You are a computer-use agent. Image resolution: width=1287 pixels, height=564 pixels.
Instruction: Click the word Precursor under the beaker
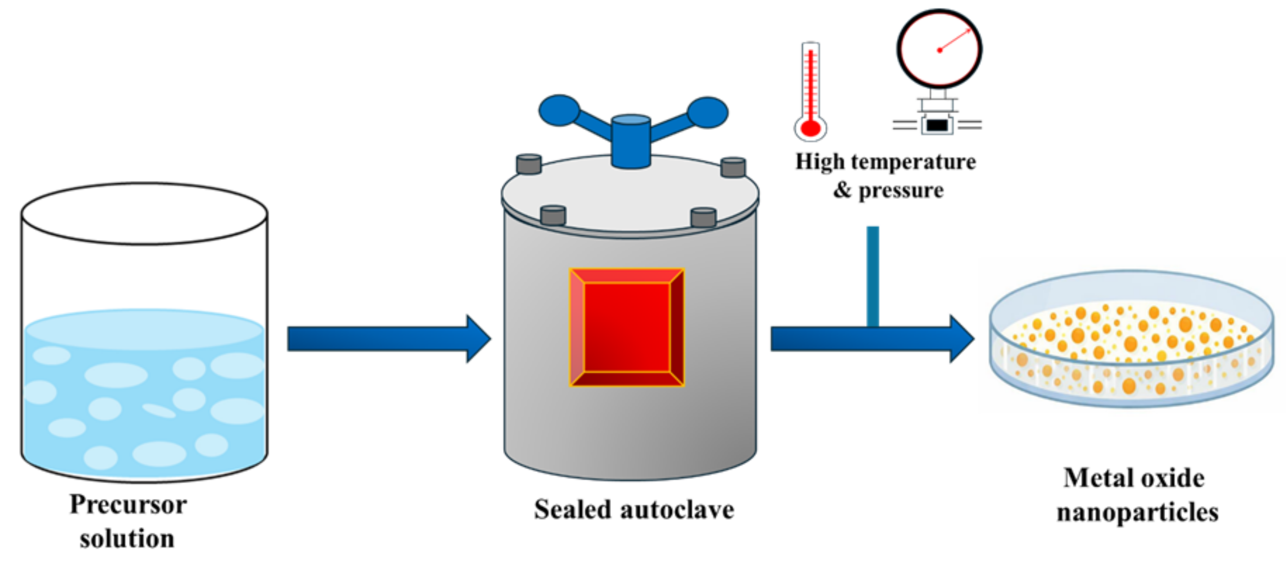pyautogui.click(x=128, y=505)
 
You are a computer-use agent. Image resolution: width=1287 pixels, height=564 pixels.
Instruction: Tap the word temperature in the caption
pyautogui.click(x=913, y=162)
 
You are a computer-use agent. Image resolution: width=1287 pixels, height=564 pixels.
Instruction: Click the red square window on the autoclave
pyautogui.click(x=627, y=327)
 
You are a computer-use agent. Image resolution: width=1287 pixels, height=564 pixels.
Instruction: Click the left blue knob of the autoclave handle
pyautogui.click(x=559, y=110)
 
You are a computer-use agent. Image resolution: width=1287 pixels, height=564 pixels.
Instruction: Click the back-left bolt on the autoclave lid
pyautogui.click(x=528, y=164)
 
